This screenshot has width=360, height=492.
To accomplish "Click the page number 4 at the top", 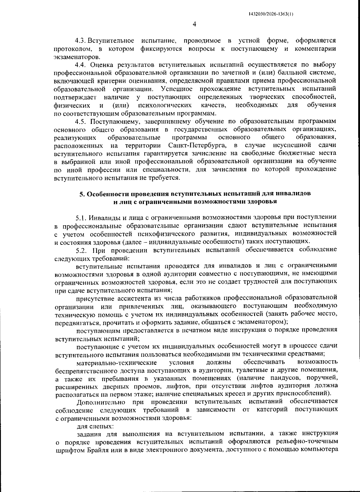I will point(194,24).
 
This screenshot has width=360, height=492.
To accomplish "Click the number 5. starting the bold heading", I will point(81,194).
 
